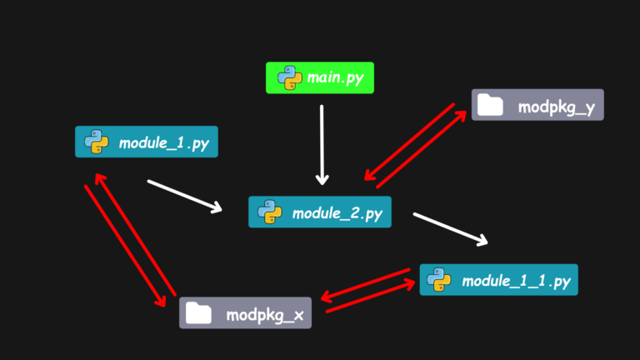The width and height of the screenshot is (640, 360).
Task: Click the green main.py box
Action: point(320,78)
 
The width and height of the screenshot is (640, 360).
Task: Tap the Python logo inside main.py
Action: point(290,77)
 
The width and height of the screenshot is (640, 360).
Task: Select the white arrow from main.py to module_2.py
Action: point(322,145)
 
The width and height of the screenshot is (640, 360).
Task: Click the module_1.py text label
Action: point(164,143)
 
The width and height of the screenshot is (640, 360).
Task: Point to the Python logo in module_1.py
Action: point(97,142)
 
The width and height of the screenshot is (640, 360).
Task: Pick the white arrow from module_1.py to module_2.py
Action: point(185,197)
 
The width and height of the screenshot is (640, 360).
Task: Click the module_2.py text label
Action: point(337,213)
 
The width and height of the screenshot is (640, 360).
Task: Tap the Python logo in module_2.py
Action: point(270,212)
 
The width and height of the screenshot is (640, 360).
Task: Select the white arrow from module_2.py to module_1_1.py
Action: point(451,229)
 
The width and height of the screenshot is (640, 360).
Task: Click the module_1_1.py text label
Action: point(516,281)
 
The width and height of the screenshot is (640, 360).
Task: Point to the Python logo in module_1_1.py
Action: point(439,280)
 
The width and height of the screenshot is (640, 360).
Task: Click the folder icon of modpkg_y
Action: point(490,104)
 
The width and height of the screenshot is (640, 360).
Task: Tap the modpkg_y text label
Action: point(557,107)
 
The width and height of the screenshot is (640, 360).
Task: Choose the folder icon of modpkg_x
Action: point(198,312)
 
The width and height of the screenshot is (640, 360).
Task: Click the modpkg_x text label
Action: point(265,316)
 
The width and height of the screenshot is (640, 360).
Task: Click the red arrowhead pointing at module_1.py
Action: point(100,178)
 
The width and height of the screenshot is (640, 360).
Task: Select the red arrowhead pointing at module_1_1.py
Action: point(409,283)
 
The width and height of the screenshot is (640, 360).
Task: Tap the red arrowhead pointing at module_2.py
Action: point(369,175)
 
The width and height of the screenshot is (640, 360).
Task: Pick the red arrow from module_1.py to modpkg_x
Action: point(125,246)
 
